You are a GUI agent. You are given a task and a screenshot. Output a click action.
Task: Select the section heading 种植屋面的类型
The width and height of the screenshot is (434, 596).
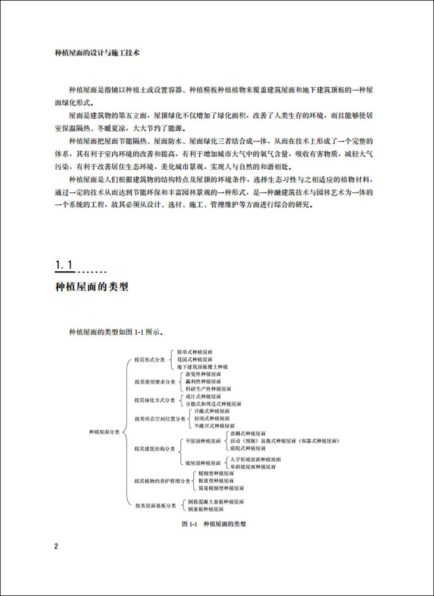tap(92, 287)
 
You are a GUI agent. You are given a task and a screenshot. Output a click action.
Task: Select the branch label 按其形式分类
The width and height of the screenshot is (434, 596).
tap(150, 360)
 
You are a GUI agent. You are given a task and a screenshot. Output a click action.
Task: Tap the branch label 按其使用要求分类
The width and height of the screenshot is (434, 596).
tap(153, 381)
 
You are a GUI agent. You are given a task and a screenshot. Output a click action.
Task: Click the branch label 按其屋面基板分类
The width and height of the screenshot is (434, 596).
tap(155, 505)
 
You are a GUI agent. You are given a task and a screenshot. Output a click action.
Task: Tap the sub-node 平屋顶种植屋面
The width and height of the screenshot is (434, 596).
tap(203, 442)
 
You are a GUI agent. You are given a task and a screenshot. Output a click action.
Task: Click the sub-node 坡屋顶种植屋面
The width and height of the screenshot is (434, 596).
tap(203, 463)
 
